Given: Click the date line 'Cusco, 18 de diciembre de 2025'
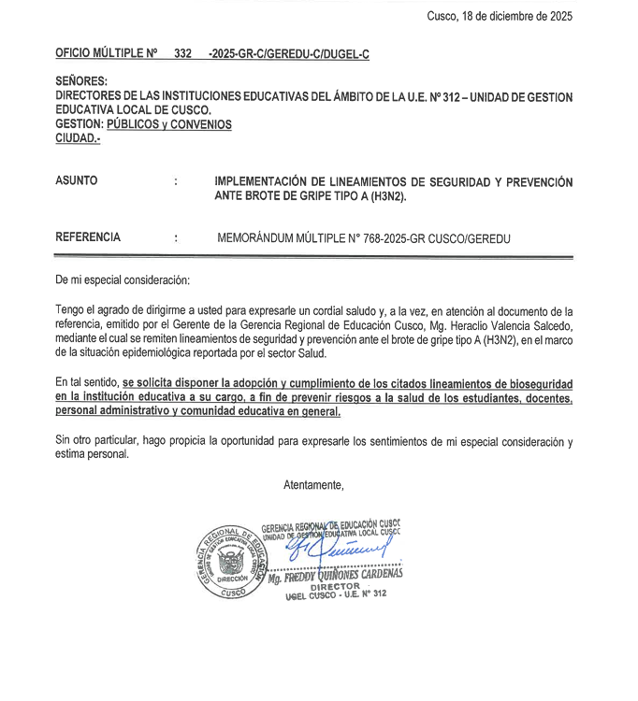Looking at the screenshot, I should point(499,16).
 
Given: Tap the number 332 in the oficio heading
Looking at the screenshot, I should point(182,54).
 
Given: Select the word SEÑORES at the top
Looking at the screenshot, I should point(81,82).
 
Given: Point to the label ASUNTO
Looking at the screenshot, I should point(77,181).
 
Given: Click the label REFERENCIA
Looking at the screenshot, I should point(88,237).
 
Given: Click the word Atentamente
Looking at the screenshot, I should point(313,484).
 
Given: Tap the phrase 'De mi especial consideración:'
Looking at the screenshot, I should point(123,279).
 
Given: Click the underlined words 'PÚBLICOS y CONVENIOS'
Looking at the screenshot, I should point(169,124).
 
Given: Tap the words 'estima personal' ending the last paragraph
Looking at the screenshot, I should point(92,454).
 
